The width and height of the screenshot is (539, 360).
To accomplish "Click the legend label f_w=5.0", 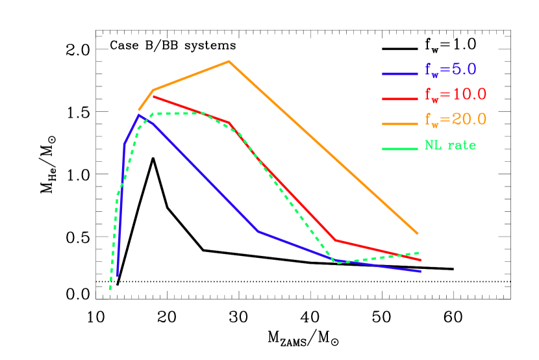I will (x=451, y=70).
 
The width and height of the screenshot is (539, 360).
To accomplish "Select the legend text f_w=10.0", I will (x=455, y=95).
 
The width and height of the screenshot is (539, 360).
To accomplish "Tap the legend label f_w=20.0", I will (x=455, y=120).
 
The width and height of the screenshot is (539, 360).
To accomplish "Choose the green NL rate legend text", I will (x=450, y=146).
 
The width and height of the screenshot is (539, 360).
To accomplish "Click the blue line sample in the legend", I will (x=399, y=73).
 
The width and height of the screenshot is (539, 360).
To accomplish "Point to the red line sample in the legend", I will (x=399, y=99).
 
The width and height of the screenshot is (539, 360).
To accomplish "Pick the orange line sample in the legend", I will (x=399, y=123).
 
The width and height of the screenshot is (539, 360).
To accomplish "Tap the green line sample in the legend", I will (x=399, y=149).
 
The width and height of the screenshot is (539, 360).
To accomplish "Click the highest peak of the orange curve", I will (x=229, y=61).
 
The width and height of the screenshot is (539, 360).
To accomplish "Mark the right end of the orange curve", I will (x=418, y=233).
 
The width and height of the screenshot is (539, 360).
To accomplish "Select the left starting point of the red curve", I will (x=153, y=96).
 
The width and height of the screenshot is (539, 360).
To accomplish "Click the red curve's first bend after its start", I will (x=229, y=122).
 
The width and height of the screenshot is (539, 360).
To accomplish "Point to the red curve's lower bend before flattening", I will (x=336, y=240).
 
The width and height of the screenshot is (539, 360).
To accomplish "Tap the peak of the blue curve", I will (x=139, y=114).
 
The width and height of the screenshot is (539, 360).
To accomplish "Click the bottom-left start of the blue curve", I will (x=118, y=276).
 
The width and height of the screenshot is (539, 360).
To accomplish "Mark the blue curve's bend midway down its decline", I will (x=258, y=231).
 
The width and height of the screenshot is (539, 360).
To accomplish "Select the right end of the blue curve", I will (x=421, y=271).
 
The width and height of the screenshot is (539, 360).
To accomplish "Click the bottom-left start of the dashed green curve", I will (x=110, y=289).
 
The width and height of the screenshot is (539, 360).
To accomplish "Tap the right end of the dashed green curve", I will (x=420, y=252).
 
